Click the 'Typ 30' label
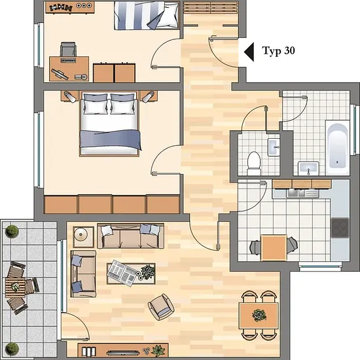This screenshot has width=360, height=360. click(278, 51)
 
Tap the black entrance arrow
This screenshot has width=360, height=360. click(249, 52)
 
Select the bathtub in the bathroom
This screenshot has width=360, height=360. click(338, 147)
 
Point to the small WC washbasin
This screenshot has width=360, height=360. click(274, 147)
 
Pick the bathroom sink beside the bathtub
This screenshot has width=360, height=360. click(308, 168)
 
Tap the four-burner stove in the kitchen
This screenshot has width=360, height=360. click(340, 228)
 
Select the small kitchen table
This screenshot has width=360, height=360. click(274, 247)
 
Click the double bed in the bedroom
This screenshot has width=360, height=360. click(109, 124)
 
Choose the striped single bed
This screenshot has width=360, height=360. click(147, 16)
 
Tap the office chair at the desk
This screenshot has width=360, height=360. click(68, 49)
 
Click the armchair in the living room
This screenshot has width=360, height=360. click(161, 307)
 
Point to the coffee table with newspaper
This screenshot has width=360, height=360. click(131, 274)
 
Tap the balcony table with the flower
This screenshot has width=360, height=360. click(15, 287)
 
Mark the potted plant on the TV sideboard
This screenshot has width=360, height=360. click(158, 351)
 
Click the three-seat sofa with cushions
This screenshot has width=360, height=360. click(130, 236)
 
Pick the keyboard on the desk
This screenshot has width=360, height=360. click(68, 60)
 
